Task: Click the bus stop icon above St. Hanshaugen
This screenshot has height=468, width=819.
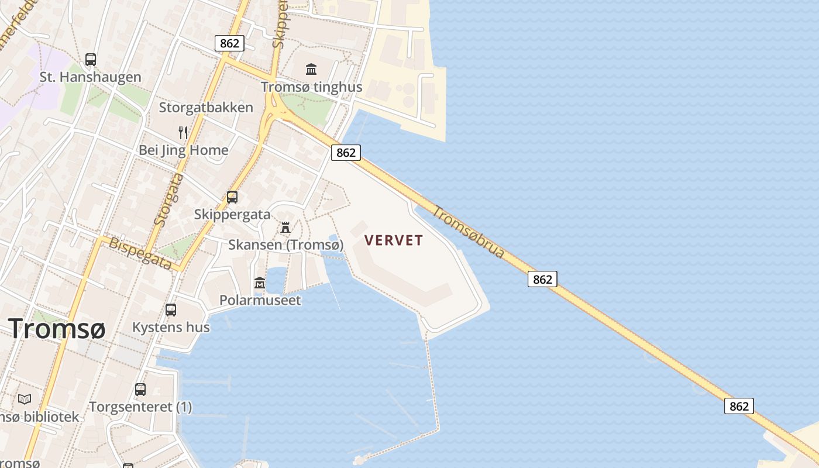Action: [91, 59]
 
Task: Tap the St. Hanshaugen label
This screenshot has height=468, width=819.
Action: [90, 77]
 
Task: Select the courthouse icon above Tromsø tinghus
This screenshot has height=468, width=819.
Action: [311, 70]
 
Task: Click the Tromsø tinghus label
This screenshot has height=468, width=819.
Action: [311, 87]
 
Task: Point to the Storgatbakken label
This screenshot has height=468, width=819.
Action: [206, 108]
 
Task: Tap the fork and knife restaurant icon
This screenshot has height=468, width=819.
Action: [183, 133]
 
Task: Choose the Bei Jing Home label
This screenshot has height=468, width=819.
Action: [183, 150]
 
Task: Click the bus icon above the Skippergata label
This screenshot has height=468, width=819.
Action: [232, 197]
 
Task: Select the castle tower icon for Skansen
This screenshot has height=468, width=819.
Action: [285, 227]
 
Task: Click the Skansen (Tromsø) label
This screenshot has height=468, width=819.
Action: [285, 245]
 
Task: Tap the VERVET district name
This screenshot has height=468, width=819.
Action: [393, 240]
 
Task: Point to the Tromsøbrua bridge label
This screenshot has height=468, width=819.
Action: [469, 232]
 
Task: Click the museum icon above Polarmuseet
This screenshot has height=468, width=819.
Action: [260, 284]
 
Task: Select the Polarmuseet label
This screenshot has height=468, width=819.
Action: [260, 301]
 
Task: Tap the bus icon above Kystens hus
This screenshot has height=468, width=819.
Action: [171, 310]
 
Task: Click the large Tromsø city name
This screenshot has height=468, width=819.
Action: [57, 329]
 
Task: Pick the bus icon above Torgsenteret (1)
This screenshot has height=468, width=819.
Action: [140, 390]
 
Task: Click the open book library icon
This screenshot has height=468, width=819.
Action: [25, 400]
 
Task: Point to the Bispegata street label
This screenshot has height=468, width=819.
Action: [140, 253]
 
